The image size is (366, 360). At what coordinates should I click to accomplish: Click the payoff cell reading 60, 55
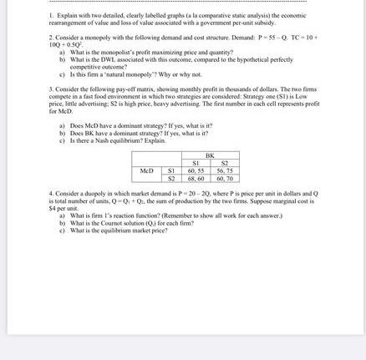pyautogui.click(x=196, y=170)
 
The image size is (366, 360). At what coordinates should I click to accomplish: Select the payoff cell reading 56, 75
pyautogui.click(x=225, y=170)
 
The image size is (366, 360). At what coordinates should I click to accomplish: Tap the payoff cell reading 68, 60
pyautogui.click(x=196, y=177)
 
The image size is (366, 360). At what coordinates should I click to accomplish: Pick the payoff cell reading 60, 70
pyautogui.click(x=225, y=177)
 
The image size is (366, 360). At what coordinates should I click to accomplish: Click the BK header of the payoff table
pyautogui.click(x=210, y=155)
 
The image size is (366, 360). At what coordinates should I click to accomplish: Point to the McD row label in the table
pyautogui.click(x=148, y=170)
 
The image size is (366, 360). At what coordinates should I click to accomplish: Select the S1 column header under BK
pyautogui.click(x=196, y=162)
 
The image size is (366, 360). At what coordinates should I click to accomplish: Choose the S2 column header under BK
pyautogui.click(x=225, y=162)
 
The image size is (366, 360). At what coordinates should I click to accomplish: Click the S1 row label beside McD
pyautogui.click(x=171, y=170)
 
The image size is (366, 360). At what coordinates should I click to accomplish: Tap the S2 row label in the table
pyautogui.click(x=171, y=177)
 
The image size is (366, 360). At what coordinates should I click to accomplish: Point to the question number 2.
pyautogui.click(x=51, y=38)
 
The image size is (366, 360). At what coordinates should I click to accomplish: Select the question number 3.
pyautogui.click(x=51, y=88)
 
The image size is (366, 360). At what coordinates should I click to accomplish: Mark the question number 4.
pyautogui.click(x=51, y=192)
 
